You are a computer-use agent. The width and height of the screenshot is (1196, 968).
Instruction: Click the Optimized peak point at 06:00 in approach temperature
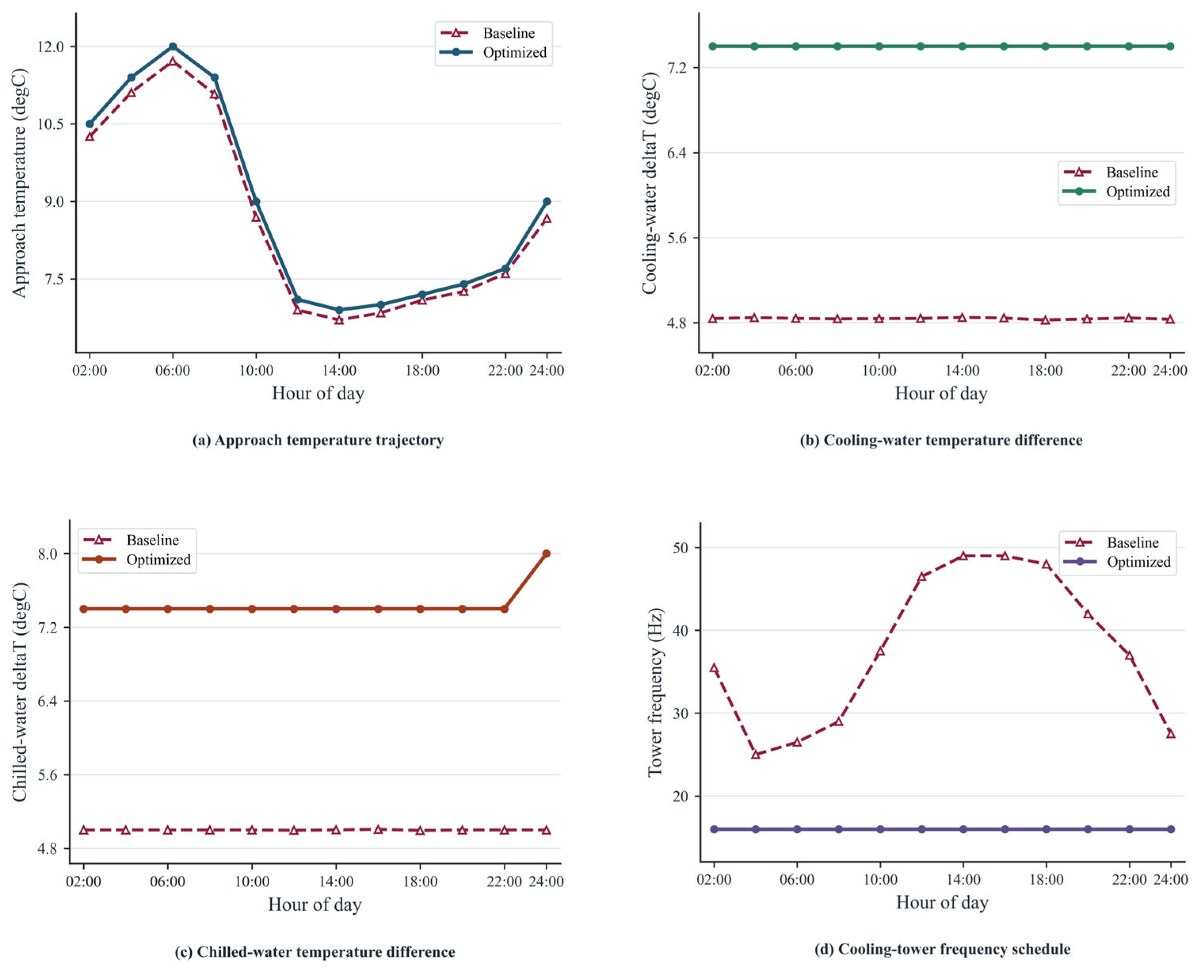pos(173,46)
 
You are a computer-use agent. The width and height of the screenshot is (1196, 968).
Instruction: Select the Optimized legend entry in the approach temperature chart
pos(493,52)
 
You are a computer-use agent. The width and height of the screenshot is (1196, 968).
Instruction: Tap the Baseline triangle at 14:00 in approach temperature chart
pos(339,320)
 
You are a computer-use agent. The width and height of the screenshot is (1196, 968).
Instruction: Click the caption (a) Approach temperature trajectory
pos(318,440)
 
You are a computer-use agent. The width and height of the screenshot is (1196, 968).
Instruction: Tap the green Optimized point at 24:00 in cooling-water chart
pos(1170,46)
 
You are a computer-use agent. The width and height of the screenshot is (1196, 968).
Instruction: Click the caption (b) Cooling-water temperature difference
pos(941,440)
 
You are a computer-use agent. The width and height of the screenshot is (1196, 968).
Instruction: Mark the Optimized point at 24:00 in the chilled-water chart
pos(547,554)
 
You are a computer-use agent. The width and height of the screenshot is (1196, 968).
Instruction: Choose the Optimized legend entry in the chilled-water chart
pos(137,559)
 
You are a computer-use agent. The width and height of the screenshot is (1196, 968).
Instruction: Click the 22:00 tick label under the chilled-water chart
pos(504,882)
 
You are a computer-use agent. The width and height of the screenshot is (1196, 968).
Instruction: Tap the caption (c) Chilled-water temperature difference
pos(315,951)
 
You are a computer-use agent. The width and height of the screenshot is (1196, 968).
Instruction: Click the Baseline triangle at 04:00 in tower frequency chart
pos(756,755)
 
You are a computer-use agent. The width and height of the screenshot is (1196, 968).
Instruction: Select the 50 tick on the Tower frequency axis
pos(681,547)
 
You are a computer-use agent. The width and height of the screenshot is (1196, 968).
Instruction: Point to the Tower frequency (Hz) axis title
pos(655,692)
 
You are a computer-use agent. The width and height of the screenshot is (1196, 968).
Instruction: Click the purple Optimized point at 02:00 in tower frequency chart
pos(714,829)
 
